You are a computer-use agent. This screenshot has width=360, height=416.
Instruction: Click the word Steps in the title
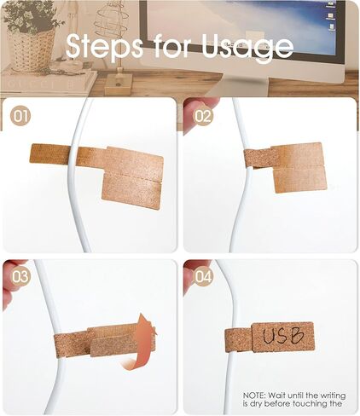coord(104,45)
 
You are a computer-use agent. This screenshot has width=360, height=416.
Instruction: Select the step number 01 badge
coord(20,116)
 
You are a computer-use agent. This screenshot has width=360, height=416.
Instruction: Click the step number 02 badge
coord(203,116)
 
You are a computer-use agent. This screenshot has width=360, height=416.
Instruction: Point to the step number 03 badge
coord(20,276)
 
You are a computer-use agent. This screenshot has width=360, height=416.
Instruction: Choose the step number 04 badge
coord(203,276)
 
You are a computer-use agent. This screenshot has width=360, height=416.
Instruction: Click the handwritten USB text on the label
coord(283,336)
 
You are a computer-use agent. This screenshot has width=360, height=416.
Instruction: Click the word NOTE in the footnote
coord(254,396)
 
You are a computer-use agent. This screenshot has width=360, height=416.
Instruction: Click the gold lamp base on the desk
coord(119,84)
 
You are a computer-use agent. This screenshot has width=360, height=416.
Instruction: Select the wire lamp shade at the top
coord(111,24)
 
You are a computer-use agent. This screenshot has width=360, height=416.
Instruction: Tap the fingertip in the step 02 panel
coord(199,113)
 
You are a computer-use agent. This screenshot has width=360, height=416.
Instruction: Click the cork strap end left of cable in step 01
coord(49,154)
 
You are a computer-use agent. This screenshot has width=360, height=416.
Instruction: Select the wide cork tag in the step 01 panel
coord(132,177)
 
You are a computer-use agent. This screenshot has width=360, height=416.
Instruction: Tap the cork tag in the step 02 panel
coord(299,168)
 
